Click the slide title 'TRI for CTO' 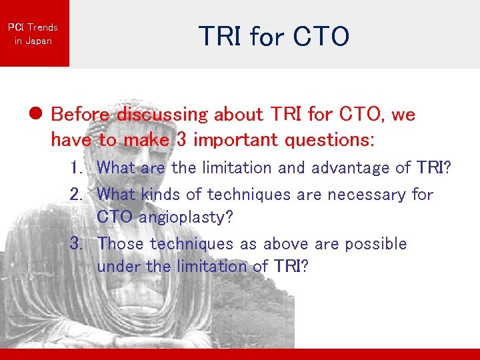tap(274, 37)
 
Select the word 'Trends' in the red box tap(43, 27)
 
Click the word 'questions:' tap(340, 141)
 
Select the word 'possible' tap(375, 244)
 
